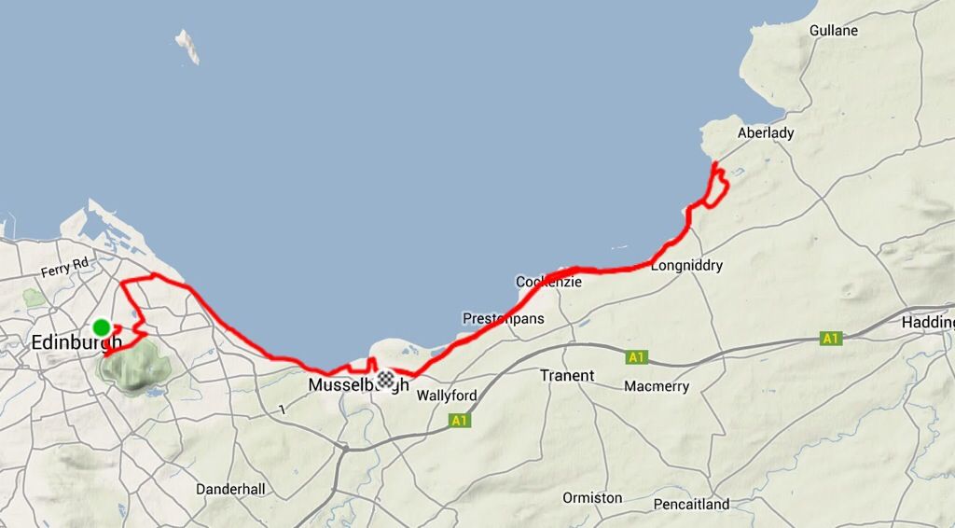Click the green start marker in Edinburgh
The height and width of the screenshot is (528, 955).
pyautogui.click(x=101, y=327)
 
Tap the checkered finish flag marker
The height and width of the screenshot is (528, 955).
pyautogui.click(x=385, y=379)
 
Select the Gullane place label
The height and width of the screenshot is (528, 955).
pyautogui.click(x=833, y=31)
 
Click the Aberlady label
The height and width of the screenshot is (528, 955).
pyautogui.click(x=766, y=132)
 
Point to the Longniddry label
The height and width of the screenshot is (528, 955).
pyautogui.click(x=686, y=266)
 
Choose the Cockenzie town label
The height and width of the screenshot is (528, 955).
pyautogui.click(x=548, y=282)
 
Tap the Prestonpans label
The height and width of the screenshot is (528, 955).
pyautogui.click(x=503, y=319)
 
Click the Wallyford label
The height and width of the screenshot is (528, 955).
pyautogui.click(x=447, y=396)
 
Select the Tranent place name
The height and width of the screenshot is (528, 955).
pyautogui.click(x=567, y=376)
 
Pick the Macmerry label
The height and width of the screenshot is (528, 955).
pyautogui.click(x=656, y=386)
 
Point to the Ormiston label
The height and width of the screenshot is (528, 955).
pyautogui.click(x=592, y=498)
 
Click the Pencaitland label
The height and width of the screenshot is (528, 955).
pyautogui.click(x=691, y=505)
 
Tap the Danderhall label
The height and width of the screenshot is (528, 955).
pyautogui.click(x=230, y=489)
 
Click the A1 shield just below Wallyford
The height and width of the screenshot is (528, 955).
pyautogui.click(x=459, y=421)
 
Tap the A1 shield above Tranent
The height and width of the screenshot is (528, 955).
pyautogui.click(x=637, y=356)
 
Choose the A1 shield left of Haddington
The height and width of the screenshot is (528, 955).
pyautogui.click(x=830, y=338)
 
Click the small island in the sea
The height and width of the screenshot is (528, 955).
pyautogui.click(x=188, y=46)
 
